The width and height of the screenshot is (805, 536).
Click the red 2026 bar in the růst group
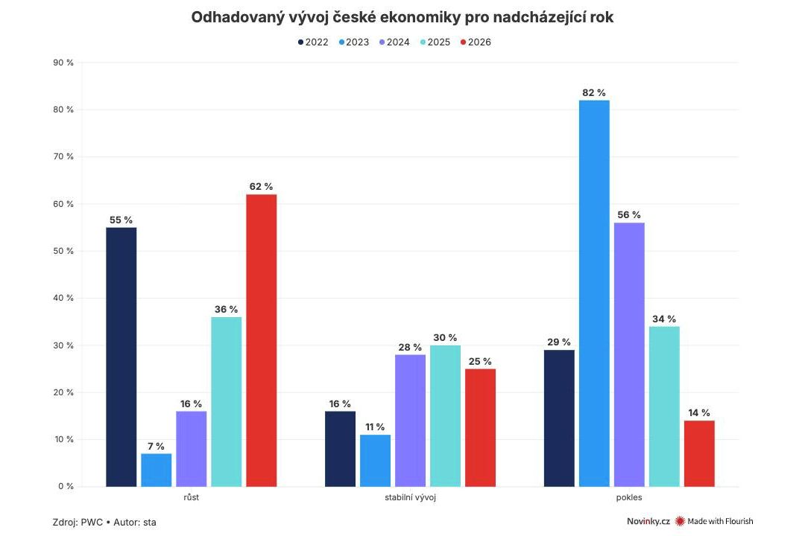262,340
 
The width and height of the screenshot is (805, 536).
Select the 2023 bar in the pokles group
594,293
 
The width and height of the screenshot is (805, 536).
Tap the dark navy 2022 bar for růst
121,357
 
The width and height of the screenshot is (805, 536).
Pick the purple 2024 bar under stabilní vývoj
410,421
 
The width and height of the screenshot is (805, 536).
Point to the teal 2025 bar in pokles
664,406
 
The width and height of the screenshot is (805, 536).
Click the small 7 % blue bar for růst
157,470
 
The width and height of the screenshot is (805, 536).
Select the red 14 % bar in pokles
699,453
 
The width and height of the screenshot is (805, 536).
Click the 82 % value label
594,92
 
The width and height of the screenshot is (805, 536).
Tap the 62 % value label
262,187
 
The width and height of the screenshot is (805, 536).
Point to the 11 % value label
375,427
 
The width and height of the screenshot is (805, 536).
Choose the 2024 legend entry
394,42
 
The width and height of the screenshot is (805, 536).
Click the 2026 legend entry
475,42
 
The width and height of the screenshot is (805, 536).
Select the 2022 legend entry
312,42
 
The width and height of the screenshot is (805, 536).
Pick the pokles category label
629,497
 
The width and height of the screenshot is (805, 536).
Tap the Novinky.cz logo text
648,521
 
